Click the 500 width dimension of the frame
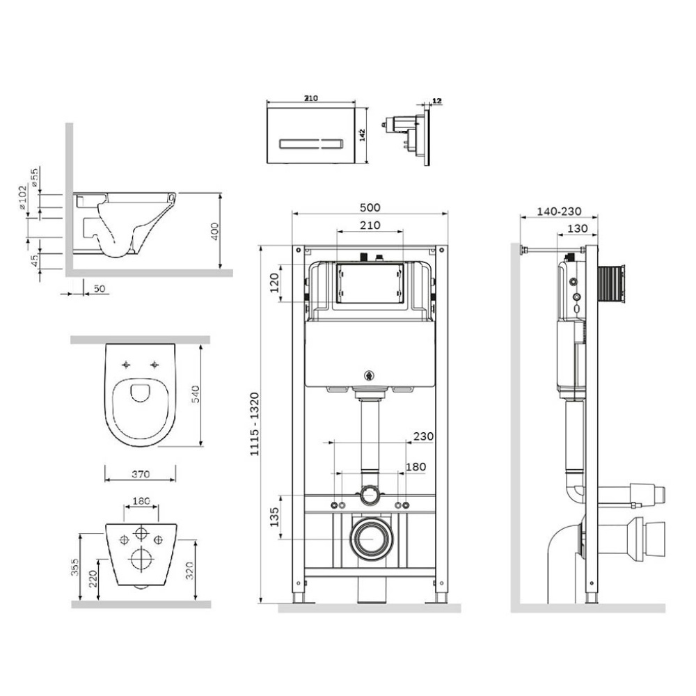[370, 207]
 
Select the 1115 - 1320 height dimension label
[254, 424]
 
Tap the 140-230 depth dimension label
[559, 212]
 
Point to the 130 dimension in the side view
[577, 228]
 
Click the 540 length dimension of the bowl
[196, 395]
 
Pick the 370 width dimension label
[141, 474]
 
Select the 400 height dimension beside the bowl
[214, 231]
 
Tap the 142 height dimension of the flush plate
[362, 135]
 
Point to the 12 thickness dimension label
[437, 101]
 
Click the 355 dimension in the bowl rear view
[75, 567]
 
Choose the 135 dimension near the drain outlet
[274, 516]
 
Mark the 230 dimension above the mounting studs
[423, 436]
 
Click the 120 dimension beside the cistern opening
[274, 283]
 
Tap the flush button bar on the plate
[310, 144]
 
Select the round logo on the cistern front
[368, 376]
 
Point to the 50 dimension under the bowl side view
[100, 289]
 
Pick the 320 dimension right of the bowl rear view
[189, 571]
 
